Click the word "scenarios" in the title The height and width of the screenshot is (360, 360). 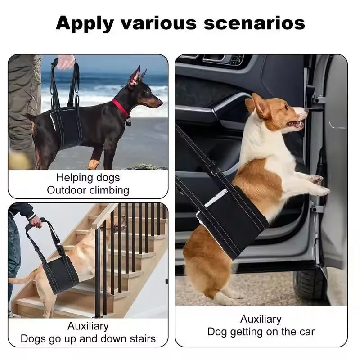254,22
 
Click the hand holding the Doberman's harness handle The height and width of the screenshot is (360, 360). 66,62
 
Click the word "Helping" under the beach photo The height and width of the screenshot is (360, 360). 72,177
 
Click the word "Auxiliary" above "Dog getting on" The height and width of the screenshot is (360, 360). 261,319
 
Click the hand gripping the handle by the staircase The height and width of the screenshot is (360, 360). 35,222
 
